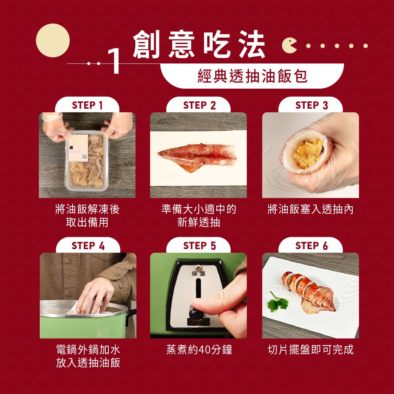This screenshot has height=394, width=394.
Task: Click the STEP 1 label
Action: click(x=87, y=105)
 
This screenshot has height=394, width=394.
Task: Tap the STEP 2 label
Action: click(x=200, y=105)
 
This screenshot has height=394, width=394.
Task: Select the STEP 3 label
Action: click(x=312, y=105)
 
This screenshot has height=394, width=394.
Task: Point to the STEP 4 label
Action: click(x=88, y=246)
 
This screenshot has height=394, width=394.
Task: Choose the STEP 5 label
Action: click(x=200, y=246)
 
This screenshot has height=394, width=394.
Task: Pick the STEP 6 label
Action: click(x=312, y=246)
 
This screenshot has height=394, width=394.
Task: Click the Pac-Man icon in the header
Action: click(x=289, y=46)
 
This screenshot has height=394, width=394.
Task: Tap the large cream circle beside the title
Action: click(x=53, y=40)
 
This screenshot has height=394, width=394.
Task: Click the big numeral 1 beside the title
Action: click(x=114, y=61)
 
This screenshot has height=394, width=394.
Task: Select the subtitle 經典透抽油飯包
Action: click(x=252, y=76)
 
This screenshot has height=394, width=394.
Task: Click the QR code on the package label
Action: click(x=85, y=157)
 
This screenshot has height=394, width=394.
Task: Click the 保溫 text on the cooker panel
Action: click(x=198, y=274)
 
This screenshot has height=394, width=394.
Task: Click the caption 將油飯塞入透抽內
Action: click(x=310, y=209)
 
